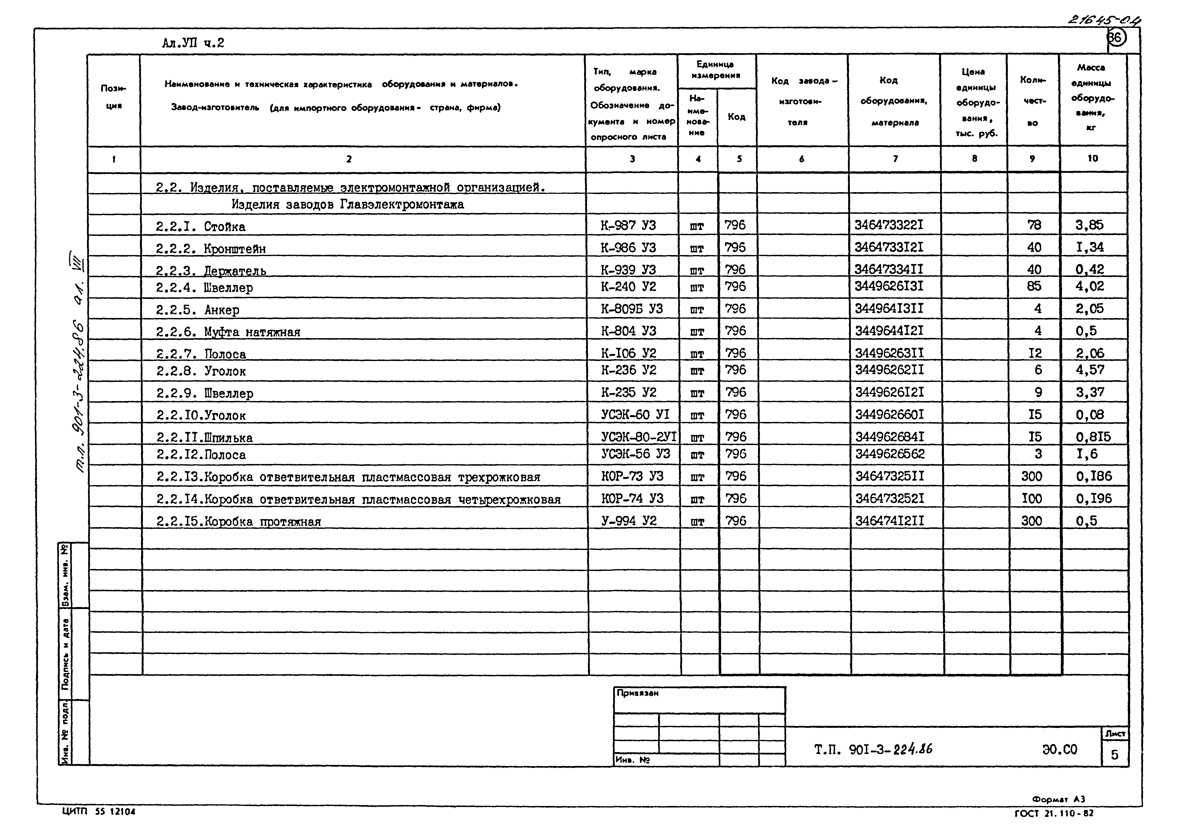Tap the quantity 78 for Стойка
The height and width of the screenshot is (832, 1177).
pyautogui.click(x=1034, y=225)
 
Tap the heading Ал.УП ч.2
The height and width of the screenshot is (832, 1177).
pyautogui.click(x=193, y=43)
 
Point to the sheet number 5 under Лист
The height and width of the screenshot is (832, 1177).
pyautogui.click(x=1115, y=755)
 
